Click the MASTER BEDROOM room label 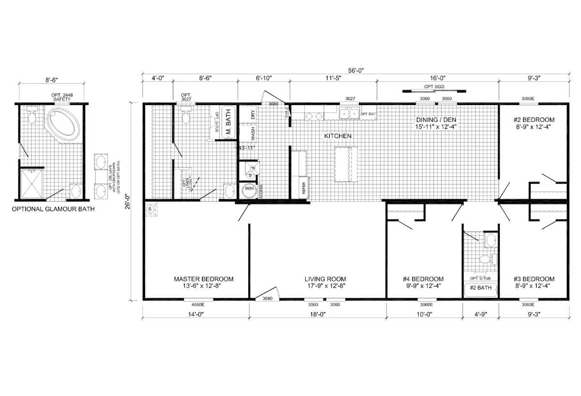pyautogui.click(x=203, y=279)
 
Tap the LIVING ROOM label pyautogui.click(x=325, y=279)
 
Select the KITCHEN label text pyautogui.click(x=337, y=137)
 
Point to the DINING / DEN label pyautogui.click(x=436, y=120)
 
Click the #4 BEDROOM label pyautogui.click(x=423, y=279)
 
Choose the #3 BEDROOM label pyautogui.click(x=534, y=279)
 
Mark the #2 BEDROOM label pyautogui.click(x=534, y=120)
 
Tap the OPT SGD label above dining pyautogui.click(x=434, y=86)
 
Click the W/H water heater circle pyautogui.click(x=249, y=189)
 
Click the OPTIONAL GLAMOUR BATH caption pyautogui.click(x=53, y=209)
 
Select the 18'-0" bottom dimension pyautogui.click(x=317, y=314)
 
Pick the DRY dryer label pyautogui.click(x=253, y=115)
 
